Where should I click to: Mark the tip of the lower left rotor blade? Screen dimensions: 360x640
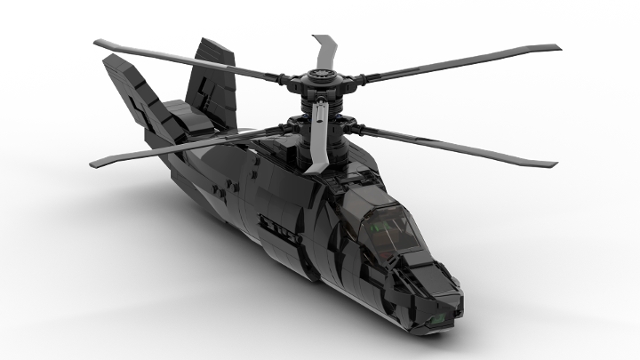pyautogui.click(x=92, y=161)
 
